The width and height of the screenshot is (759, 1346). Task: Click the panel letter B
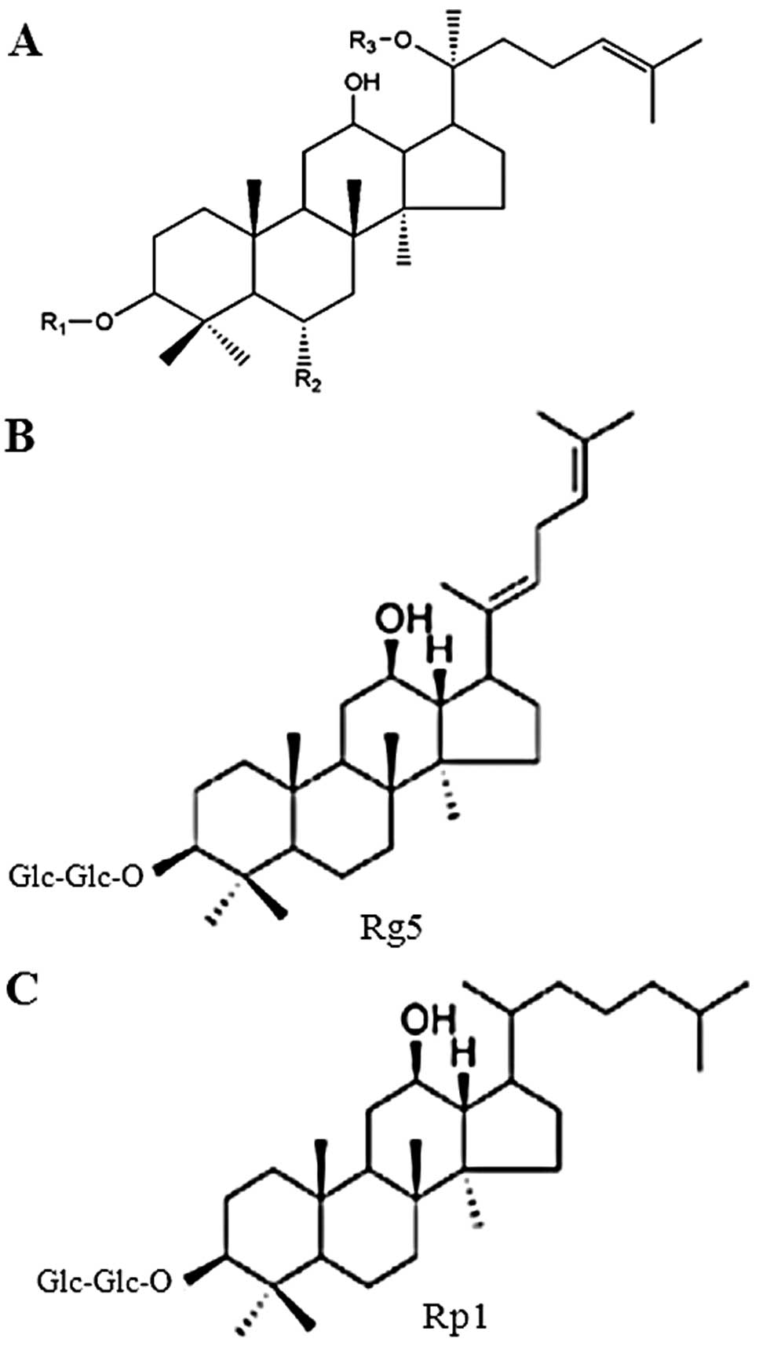click(20, 437)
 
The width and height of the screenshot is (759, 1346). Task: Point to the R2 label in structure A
click(308, 382)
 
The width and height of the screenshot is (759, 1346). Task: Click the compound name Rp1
click(455, 1315)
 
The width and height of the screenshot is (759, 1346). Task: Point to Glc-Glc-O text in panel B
click(76, 875)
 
